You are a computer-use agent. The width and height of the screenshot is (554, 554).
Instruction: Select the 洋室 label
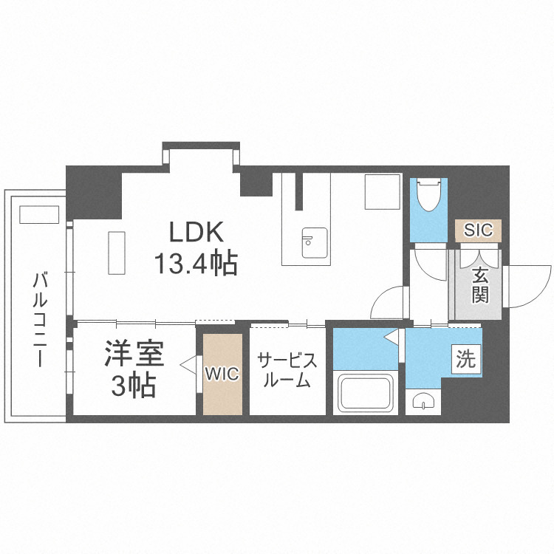click(133, 355)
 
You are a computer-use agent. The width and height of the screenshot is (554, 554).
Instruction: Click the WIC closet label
click(222, 374)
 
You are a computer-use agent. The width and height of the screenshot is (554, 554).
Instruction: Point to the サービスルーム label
click(287, 371)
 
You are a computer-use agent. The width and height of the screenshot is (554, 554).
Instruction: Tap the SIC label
click(478, 230)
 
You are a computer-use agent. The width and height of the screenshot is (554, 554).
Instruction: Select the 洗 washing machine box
click(466, 360)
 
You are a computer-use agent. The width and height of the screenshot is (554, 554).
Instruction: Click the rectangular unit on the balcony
click(39, 214)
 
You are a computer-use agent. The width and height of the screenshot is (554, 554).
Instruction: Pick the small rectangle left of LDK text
click(117, 252)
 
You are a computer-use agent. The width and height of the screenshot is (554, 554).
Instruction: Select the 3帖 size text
click(133, 385)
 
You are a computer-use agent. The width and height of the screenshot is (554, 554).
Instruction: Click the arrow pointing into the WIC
click(186, 363)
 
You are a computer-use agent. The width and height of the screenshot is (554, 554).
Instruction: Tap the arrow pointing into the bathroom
click(391, 338)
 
